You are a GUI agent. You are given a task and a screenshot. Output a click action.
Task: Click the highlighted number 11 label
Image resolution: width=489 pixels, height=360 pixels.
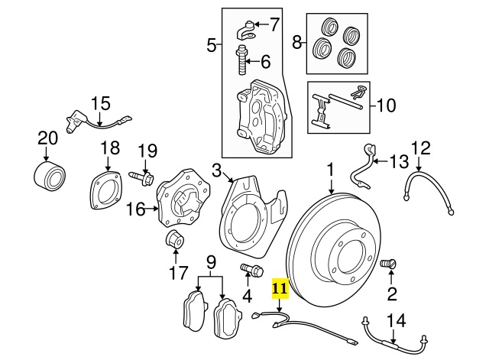pyautogui.click(x=280, y=288)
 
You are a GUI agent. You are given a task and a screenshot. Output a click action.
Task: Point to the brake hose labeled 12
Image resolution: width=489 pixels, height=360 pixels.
pyautogui.click(x=429, y=196)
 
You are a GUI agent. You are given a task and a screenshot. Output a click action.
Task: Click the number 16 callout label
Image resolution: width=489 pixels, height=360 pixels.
pyautogui.click(x=135, y=209)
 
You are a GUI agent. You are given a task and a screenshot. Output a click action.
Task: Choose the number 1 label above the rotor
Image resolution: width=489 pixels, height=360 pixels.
pyautogui.click(x=331, y=169)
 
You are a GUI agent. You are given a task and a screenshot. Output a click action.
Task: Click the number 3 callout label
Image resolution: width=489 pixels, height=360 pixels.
pyautogui.click(x=216, y=170)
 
